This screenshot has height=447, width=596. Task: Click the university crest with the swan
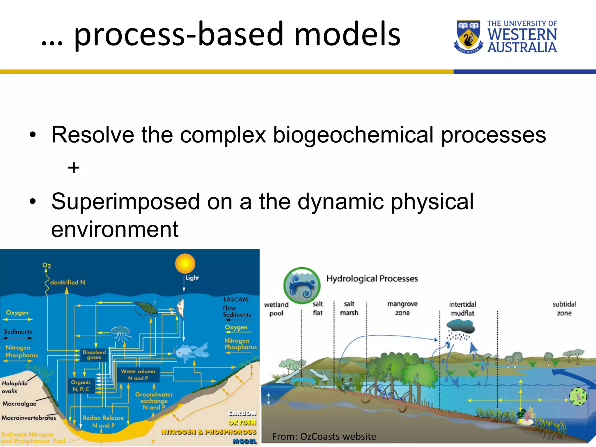(x=468, y=36)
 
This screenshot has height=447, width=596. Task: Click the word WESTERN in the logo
(x=522, y=35)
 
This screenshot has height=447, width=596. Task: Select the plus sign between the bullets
(x=74, y=168)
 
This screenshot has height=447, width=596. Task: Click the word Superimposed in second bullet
(x=125, y=201)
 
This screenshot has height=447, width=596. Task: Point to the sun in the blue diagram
(x=185, y=263)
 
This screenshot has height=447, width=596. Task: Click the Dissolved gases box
(x=94, y=355)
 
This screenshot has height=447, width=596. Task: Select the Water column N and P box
(x=138, y=375)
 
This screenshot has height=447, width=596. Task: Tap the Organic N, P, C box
(x=81, y=386)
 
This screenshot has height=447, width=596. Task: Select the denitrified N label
(x=68, y=282)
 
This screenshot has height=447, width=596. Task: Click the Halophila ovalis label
(x=14, y=387)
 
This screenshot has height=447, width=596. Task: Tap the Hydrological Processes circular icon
(x=302, y=285)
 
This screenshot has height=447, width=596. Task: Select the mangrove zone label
(x=402, y=308)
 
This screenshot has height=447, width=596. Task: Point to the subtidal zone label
(x=564, y=308)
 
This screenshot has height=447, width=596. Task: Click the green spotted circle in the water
(x=578, y=396)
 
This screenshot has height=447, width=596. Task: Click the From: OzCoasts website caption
(x=324, y=437)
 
